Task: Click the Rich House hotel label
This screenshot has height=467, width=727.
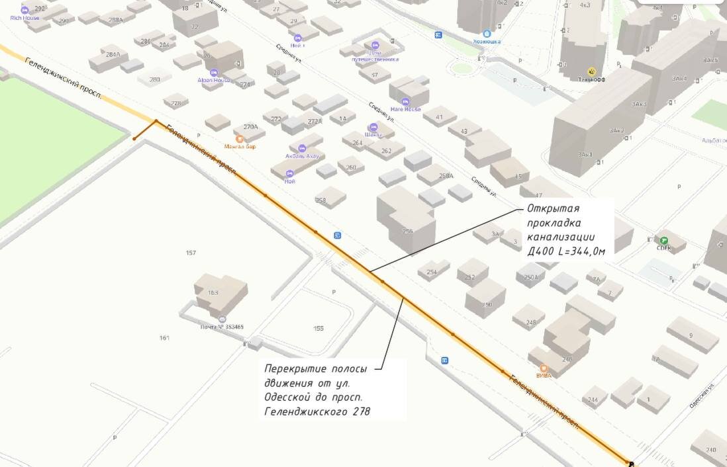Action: [x=24, y=18]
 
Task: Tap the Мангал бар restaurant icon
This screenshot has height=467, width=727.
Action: [x=240, y=139]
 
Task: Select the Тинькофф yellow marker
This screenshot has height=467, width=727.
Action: [x=592, y=71]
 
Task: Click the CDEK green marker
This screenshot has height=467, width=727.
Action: [x=663, y=241]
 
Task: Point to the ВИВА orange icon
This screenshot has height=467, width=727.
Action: [x=544, y=368]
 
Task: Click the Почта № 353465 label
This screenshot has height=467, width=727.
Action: [x=222, y=327]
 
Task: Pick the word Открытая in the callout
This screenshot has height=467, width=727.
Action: [x=553, y=209]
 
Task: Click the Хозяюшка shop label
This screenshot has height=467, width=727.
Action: [x=487, y=41]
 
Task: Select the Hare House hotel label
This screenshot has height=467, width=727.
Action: [x=405, y=109]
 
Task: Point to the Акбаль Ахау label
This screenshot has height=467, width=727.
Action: [x=302, y=156]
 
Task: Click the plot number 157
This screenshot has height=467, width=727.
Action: [x=191, y=253]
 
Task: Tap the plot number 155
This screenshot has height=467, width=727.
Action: [x=318, y=328]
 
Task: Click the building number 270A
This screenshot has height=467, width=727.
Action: [x=250, y=126]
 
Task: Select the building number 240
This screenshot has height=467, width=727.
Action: [x=711, y=450]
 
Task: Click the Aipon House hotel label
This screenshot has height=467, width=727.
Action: [x=213, y=80]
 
